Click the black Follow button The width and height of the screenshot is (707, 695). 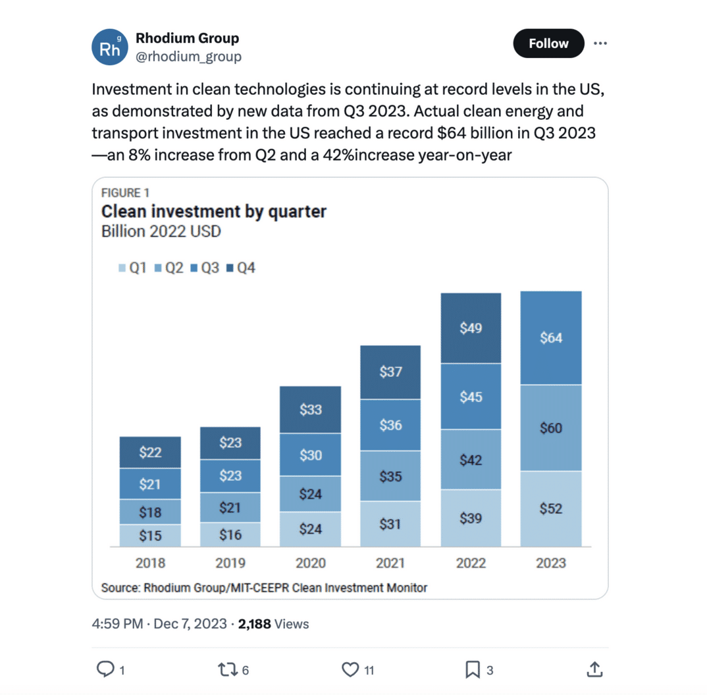pyautogui.click(x=548, y=43)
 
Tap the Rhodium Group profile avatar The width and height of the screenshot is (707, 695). pyautogui.click(x=109, y=47)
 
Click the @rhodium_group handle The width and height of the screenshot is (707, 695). pyautogui.click(x=188, y=57)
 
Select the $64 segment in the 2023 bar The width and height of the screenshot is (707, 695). pyautogui.click(x=551, y=338)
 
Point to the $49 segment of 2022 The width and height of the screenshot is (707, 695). pyautogui.click(x=471, y=328)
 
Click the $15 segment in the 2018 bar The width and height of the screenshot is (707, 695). pyautogui.click(x=150, y=536)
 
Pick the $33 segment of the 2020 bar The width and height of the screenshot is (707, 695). pyautogui.click(x=310, y=410)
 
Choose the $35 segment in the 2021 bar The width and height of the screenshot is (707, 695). pyautogui.click(x=390, y=476)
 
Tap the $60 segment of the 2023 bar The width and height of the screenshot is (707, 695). pyautogui.click(x=551, y=428)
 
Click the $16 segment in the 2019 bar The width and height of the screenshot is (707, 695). pyautogui.click(x=230, y=534)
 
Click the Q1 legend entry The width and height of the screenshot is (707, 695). pyautogui.click(x=132, y=268)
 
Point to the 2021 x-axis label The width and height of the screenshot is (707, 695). pyautogui.click(x=390, y=563)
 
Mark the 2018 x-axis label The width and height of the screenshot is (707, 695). pyautogui.click(x=150, y=563)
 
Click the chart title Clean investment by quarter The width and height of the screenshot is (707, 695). pyautogui.click(x=213, y=211)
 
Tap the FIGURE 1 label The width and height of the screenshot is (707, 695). pyautogui.click(x=125, y=192)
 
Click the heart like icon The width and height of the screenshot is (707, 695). pyautogui.click(x=350, y=670)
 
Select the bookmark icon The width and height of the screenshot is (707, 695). pyautogui.click(x=472, y=670)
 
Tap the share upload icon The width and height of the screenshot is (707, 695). pyautogui.click(x=594, y=670)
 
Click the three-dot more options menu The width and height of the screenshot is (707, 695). pyautogui.click(x=600, y=43)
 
